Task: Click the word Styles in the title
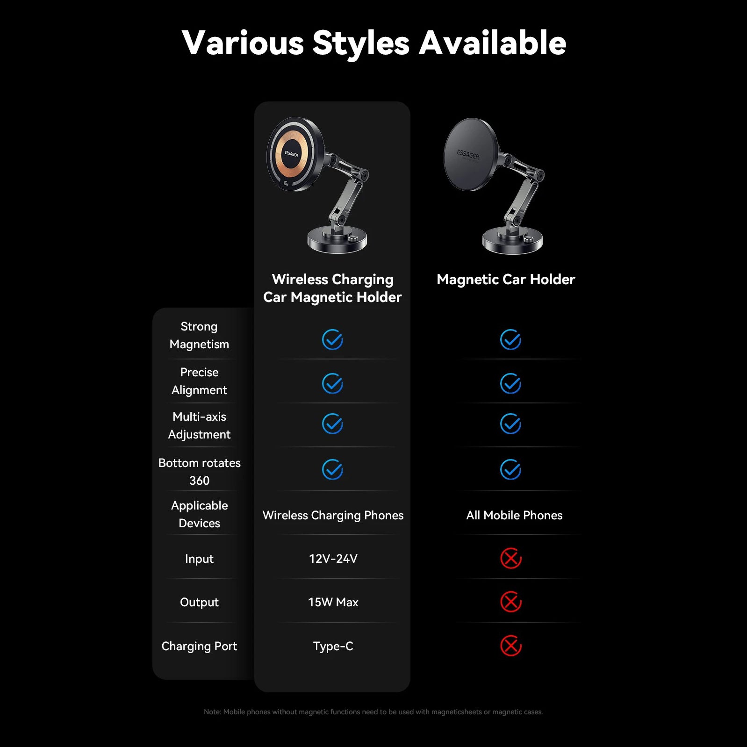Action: click(x=361, y=43)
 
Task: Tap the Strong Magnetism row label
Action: click(x=199, y=335)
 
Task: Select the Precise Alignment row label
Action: click(x=199, y=381)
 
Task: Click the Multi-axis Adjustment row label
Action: click(x=199, y=425)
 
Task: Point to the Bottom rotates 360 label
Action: click(x=199, y=471)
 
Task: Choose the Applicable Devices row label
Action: click(x=199, y=514)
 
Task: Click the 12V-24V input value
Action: click(x=333, y=559)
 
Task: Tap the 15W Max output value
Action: click(x=333, y=602)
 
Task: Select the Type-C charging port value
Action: click(x=333, y=646)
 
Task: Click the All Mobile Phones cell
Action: click(x=514, y=515)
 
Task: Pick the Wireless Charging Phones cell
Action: click(x=333, y=515)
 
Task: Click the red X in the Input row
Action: click(x=511, y=558)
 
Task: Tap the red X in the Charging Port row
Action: click(x=511, y=646)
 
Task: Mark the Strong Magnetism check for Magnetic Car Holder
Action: click(x=510, y=339)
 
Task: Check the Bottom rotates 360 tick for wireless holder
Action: click(x=332, y=469)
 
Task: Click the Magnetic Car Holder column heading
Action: click(x=506, y=280)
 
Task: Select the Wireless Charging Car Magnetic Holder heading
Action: click(x=332, y=288)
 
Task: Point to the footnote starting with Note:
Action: click(x=373, y=712)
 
